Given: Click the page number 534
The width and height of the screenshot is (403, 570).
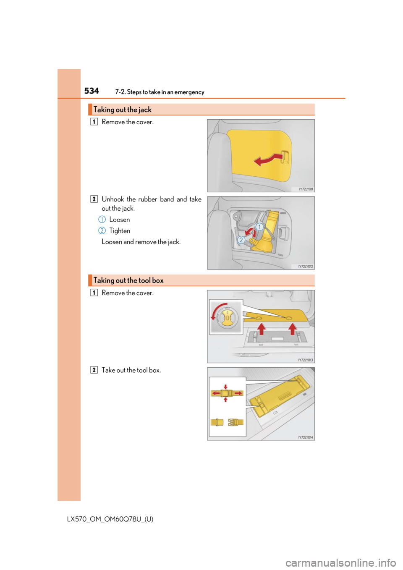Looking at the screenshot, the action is [x=92, y=91].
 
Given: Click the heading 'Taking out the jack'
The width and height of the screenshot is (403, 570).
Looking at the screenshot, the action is [x=123, y=110].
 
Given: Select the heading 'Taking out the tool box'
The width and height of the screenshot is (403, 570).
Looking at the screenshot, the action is [x=128, y=280].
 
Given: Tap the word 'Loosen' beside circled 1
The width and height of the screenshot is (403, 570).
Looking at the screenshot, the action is [x=120, y=220].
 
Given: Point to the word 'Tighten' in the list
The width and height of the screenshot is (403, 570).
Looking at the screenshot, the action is [x=120, y=231].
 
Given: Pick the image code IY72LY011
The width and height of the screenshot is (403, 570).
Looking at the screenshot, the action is [x=306, y=189].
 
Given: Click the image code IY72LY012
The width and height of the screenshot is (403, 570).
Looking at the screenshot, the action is [x=306, y=267].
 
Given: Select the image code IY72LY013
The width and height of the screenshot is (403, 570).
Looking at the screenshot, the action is [x=306, y=360].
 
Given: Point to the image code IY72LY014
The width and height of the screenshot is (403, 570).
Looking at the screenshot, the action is [x=306, y=437].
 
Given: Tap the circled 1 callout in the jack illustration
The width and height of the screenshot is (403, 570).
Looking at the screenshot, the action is [x=259, y=227].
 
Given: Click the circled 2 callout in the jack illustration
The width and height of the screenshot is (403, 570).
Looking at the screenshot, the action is [x=241, y=240].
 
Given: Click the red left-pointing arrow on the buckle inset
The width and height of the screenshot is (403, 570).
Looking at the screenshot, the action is [x=216, y=393].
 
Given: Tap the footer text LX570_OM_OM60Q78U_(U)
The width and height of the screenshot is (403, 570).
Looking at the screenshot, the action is [x=110, y=519].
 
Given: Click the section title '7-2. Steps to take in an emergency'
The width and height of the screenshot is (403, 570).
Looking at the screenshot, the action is [x=160, y=92].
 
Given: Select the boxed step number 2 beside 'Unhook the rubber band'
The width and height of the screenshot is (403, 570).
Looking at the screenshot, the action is [x=94, y=199].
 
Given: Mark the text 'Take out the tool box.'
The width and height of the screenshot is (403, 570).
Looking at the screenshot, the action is [x=131, y=370].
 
